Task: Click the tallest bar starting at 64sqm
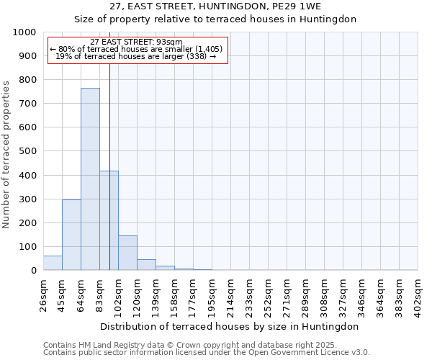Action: pos(90,179)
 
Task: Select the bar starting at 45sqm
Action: pos(71,235)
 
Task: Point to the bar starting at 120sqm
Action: pos(146,264)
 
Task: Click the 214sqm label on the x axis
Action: pos(230,292)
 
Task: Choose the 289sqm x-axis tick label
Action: pos(305,292)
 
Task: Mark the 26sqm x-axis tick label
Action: pos(43,292)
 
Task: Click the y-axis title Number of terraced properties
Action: pos(6,154)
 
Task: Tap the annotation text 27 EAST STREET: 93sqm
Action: pos(137,42)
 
